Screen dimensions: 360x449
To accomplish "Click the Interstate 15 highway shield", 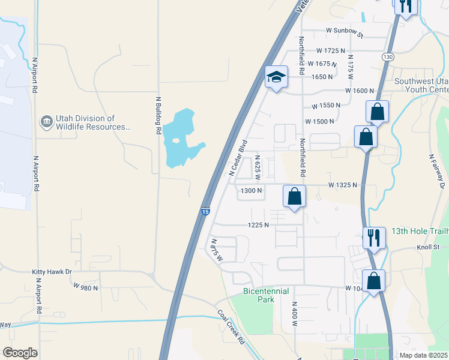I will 205,212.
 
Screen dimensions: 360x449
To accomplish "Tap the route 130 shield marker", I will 387,56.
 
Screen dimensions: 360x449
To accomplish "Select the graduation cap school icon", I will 276,77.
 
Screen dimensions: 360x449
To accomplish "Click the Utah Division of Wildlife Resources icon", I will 46,122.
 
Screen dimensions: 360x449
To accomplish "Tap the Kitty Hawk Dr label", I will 52,272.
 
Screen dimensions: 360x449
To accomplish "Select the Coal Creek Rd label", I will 231,327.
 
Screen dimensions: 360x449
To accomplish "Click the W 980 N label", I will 86,287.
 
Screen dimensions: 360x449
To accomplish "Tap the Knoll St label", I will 429,247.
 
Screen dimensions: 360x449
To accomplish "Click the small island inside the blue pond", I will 175,142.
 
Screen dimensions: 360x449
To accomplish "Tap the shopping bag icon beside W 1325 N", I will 294,197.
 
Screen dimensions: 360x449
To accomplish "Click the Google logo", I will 20,353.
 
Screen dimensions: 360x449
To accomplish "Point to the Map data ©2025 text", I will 423,355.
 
